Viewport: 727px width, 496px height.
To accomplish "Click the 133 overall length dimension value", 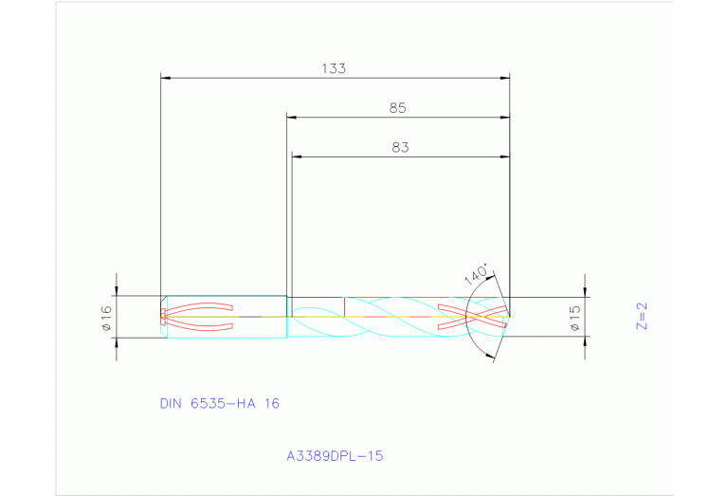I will (x=334, y=68).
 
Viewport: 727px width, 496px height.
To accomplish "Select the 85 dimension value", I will (x=397, y=108).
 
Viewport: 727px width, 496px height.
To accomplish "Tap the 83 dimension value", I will (x=399, y=147).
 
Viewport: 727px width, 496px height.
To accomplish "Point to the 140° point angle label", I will (x=478, y=275).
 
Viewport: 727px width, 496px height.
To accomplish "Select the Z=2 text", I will (x=641, y=316).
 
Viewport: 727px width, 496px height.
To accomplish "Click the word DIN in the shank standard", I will (x=171, y=403).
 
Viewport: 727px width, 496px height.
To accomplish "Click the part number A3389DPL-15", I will (x=335, y=456).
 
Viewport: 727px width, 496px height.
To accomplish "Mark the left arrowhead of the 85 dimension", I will (x=292, y=118).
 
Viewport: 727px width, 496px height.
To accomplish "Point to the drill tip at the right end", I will (x=509, y=316).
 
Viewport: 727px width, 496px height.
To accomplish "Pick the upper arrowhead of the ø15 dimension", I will (x=586, y=291).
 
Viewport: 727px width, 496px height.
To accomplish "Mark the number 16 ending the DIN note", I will (x=271, y=403).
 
